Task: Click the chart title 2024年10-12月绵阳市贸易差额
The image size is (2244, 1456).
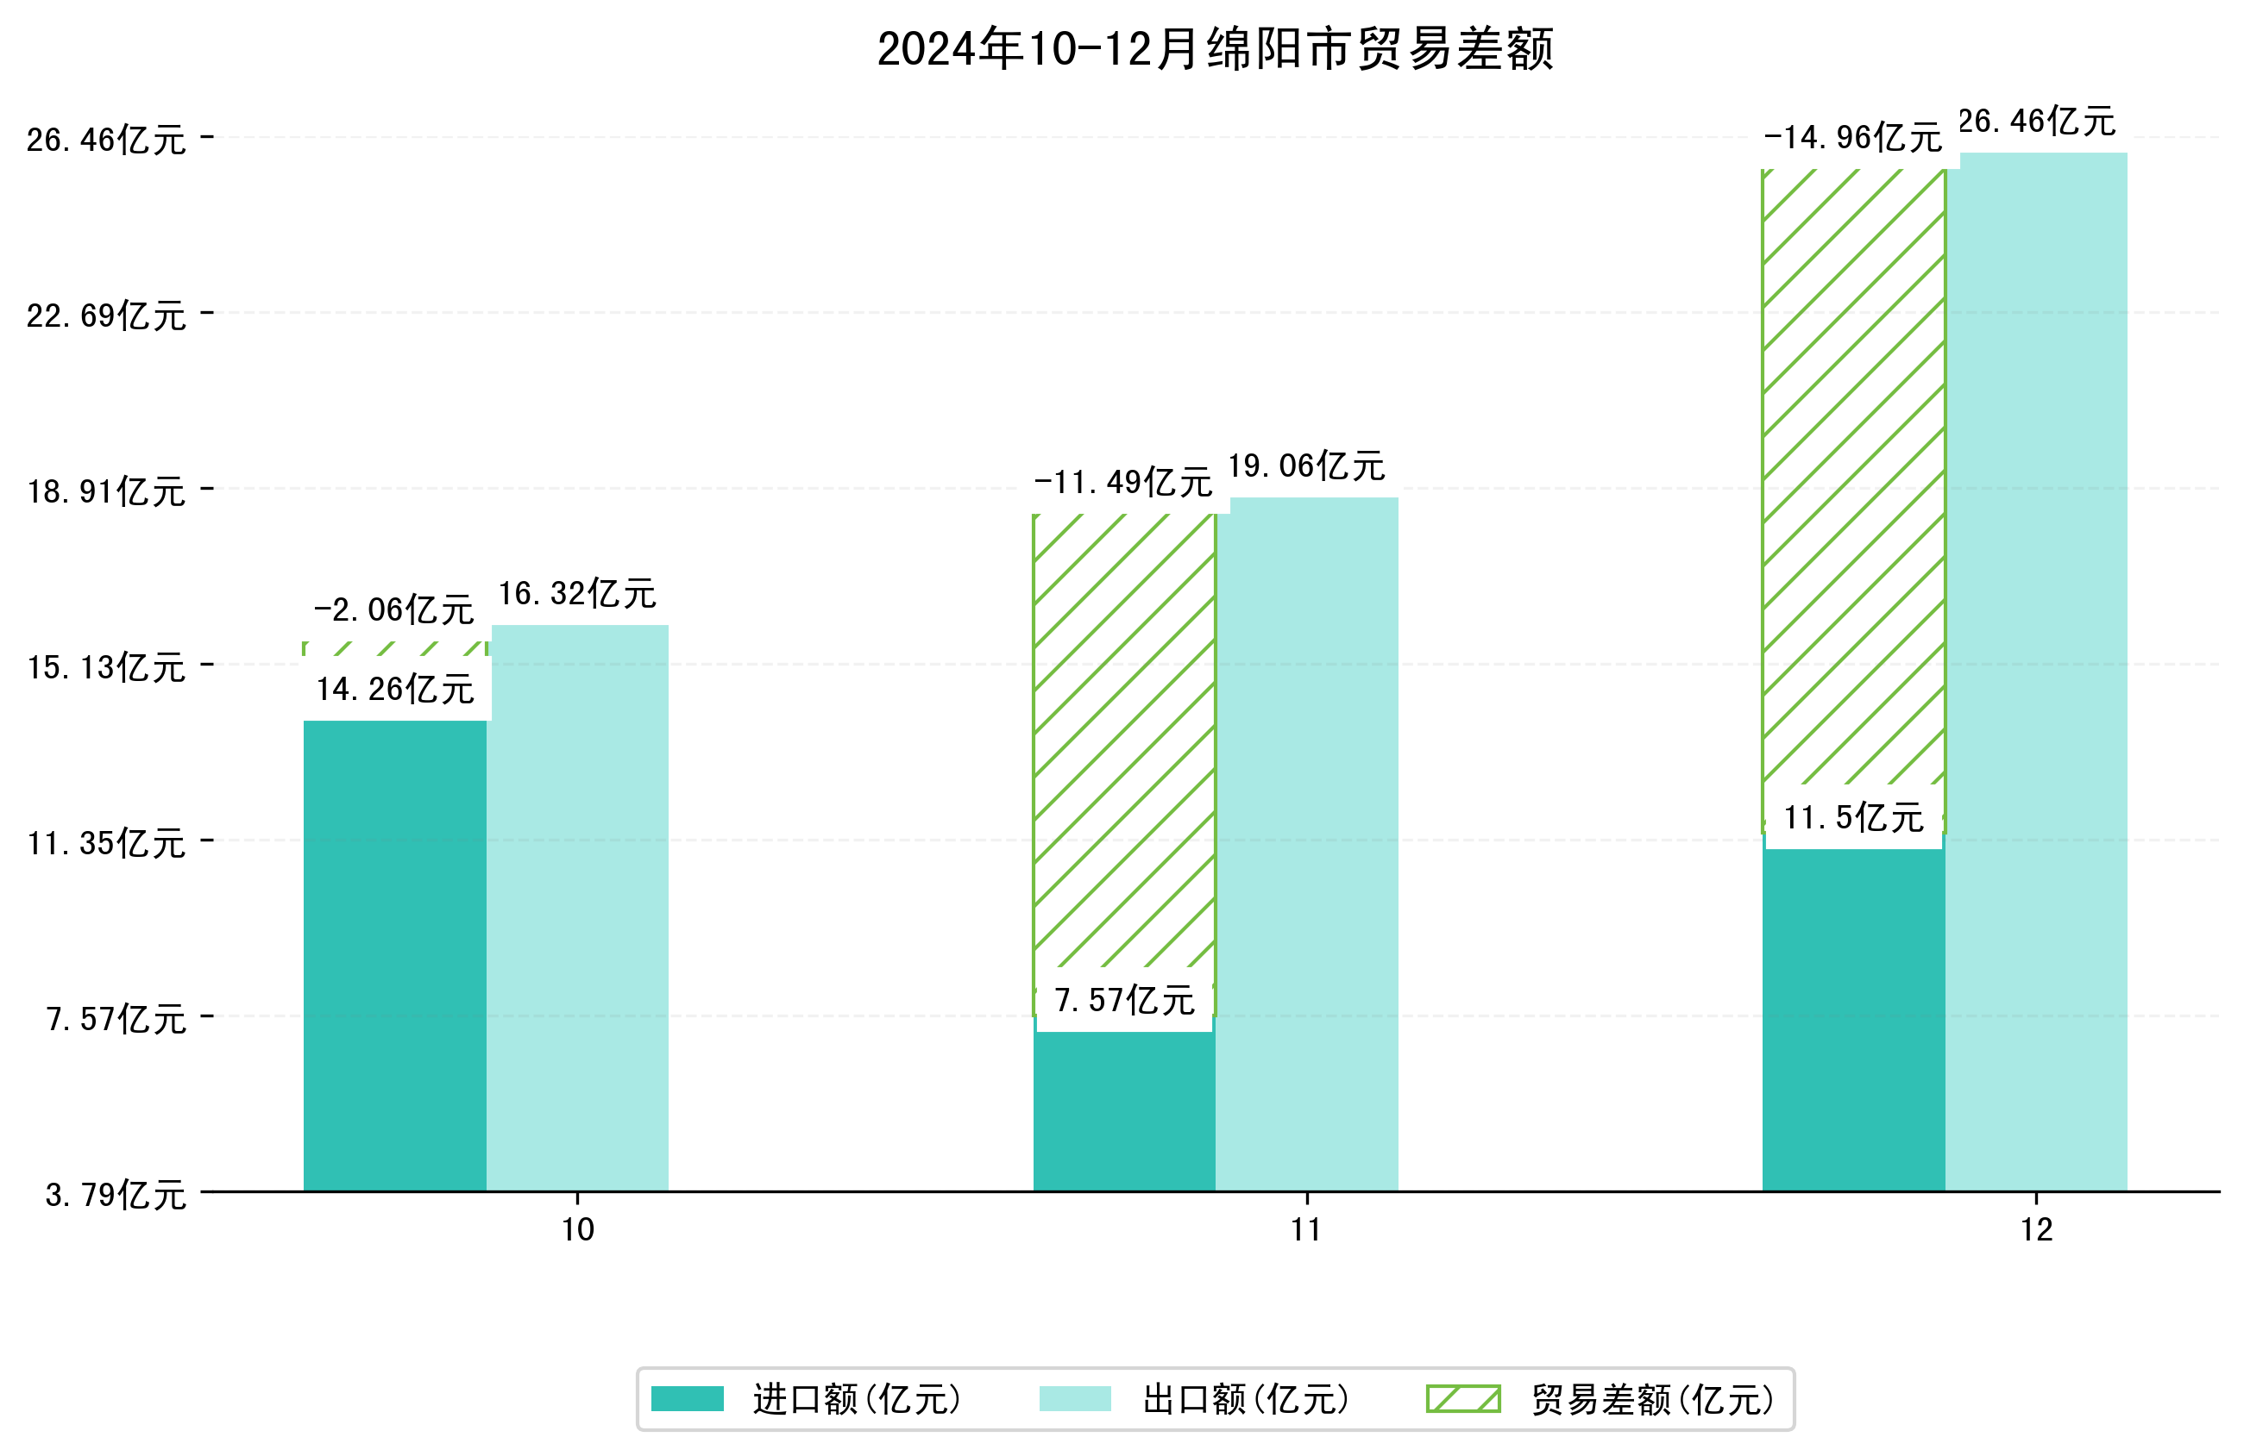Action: (1215, 49)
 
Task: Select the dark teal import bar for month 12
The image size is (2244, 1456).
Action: (1852, 1018)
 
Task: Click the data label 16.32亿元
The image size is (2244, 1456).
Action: (577, 594)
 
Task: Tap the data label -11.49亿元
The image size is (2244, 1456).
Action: (1123, 483)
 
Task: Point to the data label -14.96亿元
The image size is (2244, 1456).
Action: (1852, 138)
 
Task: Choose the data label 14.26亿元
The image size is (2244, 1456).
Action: (395, 689)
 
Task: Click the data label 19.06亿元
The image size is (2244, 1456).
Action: (1307, 466)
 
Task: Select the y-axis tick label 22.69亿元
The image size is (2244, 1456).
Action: (106, 315)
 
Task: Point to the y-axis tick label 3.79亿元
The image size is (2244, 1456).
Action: (116, 1195)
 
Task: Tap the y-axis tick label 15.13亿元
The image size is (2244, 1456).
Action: (106, 667)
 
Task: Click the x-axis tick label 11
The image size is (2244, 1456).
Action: (1306, 1230)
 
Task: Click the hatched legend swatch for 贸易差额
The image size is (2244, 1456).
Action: (1463, 1398)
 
